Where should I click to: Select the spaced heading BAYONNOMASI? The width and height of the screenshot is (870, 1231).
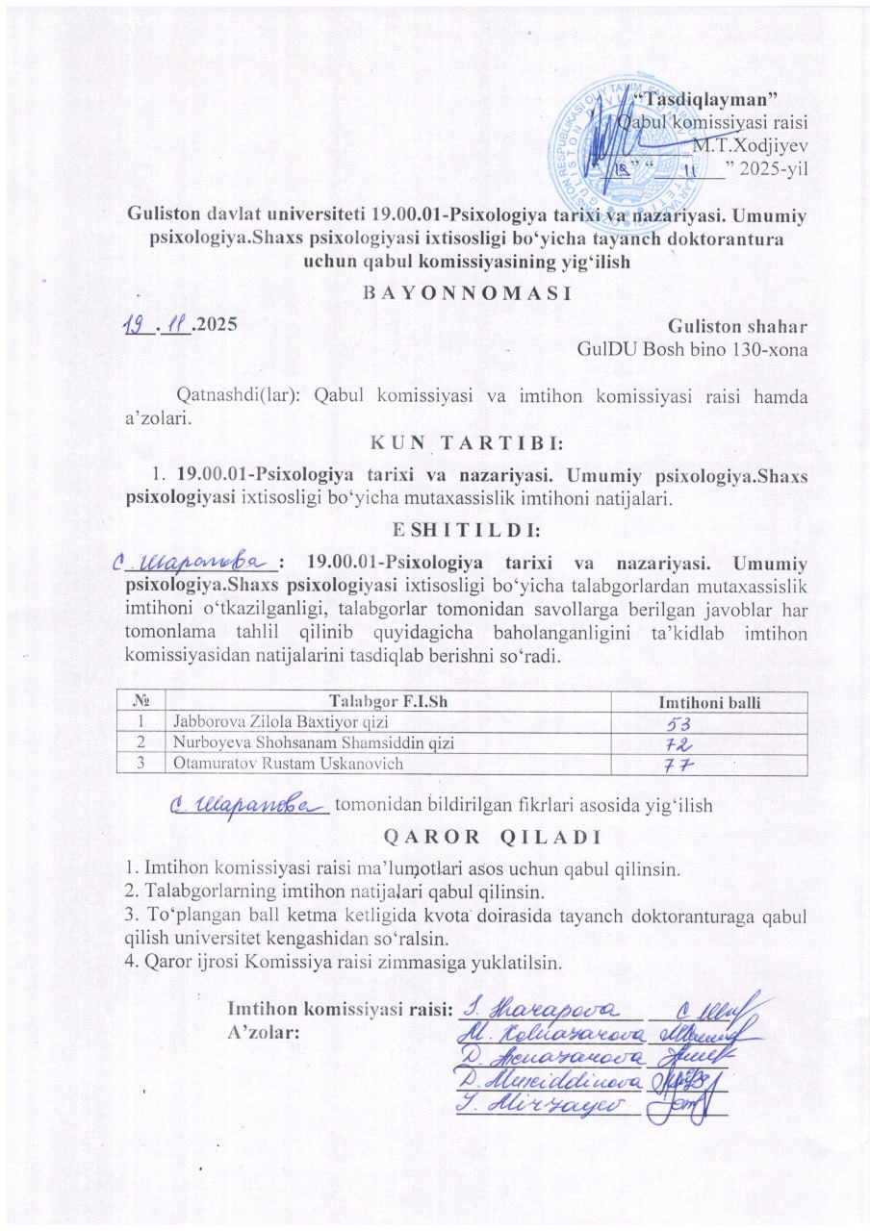point(468,292)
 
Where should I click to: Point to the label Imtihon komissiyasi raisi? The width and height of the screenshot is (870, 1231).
point(339,1009)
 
